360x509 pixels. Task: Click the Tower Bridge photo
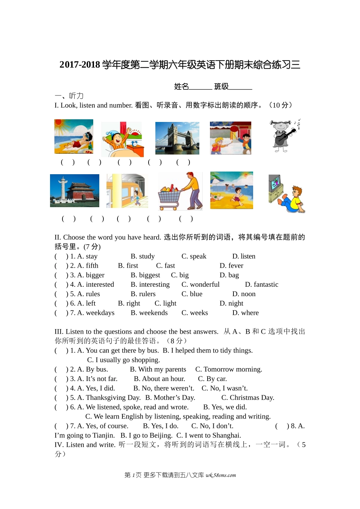click(177, 138)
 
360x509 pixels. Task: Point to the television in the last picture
click(275, 184)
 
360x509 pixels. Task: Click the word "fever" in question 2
click(235, 266)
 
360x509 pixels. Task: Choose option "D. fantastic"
click(261, 285)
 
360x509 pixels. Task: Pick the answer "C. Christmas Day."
click(247, 398)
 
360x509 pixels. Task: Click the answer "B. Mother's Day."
click(170, 398)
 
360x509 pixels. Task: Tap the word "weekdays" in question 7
click(100, 313)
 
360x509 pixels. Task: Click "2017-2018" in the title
click(80, 65)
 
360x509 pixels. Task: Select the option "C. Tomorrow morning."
click(229, 370)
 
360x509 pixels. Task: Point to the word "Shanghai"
click(226, 436)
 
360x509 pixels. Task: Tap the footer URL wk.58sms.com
click(221, 475)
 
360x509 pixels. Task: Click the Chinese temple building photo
click(75, 190)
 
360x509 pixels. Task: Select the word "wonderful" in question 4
click(205, 285)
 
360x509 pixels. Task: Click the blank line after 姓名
click(200, 87)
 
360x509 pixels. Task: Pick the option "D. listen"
click(244, 256)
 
